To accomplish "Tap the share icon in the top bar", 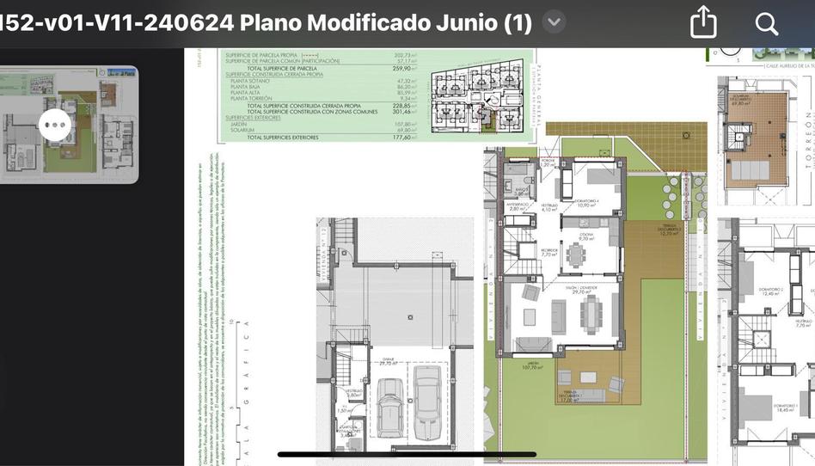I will point(703,22).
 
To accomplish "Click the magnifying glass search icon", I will point(766,23).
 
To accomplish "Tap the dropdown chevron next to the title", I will point(555,22).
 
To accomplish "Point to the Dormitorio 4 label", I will point(586,203).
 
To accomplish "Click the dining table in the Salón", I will point(589,315).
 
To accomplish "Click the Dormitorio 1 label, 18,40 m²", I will point(785,408).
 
